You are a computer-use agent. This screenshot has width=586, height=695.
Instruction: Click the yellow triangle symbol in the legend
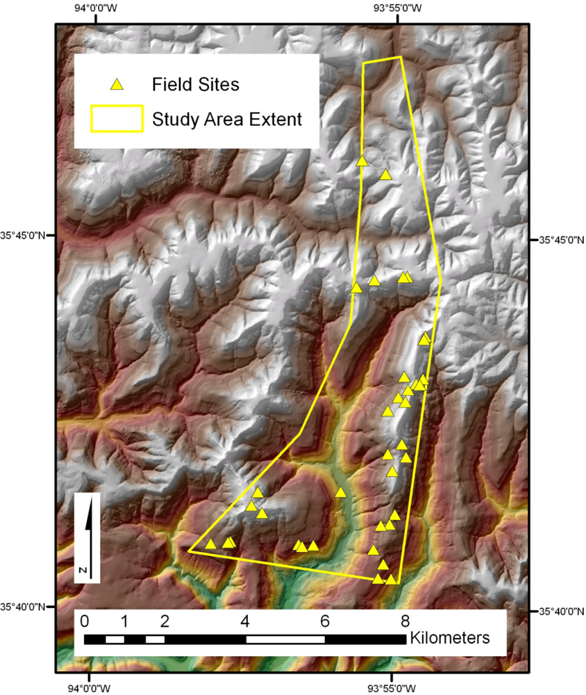(x=117, y=85)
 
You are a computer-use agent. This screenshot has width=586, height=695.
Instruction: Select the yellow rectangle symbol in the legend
(x=117, y=118)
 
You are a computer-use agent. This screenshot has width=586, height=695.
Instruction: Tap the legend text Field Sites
(x=195, y=85)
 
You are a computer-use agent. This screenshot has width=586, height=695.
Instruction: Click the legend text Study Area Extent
(x=227, y=118)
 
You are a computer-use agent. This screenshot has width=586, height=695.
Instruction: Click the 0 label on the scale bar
(x=85, y=621)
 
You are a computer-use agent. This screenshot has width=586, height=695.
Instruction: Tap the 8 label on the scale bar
(x=404, y=621)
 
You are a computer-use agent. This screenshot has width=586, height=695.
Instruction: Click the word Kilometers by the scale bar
(x=451, y=637)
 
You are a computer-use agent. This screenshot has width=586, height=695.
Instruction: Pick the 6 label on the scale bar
(x=324, y=621)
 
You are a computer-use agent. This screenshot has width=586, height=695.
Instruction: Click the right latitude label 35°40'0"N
(x=562, y=611)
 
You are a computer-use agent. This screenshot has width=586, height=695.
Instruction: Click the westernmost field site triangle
(x=210, y=544)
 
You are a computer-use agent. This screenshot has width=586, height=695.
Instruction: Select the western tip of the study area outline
(x=189, y=551)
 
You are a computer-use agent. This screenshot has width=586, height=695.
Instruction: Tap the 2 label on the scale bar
(x=165, y=621)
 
